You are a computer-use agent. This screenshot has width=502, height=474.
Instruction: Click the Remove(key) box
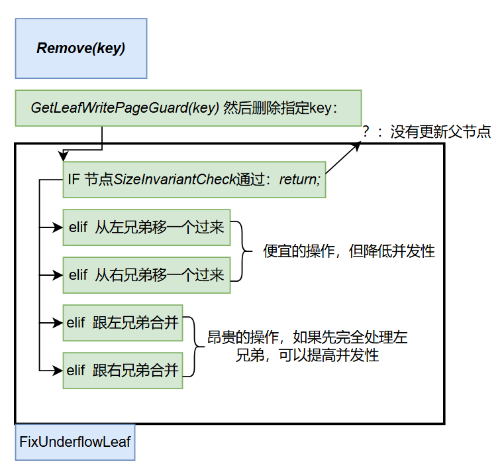(x=81, y=48)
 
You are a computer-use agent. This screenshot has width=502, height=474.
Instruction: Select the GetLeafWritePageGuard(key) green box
(x=188, y=108)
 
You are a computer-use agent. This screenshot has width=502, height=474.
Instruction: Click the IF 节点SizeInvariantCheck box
(x=194, y=180)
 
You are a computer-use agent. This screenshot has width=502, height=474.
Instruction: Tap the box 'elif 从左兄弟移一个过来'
(x=146, y=227)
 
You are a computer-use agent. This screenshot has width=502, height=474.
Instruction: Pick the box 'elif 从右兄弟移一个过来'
(x=146, y=274)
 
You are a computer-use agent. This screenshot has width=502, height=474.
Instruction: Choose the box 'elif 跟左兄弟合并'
(x=123, y=323)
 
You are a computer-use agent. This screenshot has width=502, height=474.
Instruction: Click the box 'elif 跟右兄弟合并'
(x=123, y=371)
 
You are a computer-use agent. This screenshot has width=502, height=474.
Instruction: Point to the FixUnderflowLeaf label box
(x=75, y=442)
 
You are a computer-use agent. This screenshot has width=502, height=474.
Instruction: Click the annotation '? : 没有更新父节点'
(x=426, y=131)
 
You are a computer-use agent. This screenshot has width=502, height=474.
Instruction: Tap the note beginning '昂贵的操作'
(x=307, y=346)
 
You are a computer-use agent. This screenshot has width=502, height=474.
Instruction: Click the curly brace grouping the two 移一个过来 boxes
(x=244, y=251)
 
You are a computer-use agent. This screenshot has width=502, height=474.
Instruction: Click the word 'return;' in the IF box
(x=300, y=180)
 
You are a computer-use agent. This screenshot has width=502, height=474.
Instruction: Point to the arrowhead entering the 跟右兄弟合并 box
(x=58, y=371)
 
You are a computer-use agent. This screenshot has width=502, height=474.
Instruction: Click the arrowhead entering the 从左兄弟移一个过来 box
(x=58, y=227)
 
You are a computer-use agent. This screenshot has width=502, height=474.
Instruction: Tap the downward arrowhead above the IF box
(x=62, y=156)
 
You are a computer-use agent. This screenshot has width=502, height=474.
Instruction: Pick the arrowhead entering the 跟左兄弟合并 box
(x=58, y=323)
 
